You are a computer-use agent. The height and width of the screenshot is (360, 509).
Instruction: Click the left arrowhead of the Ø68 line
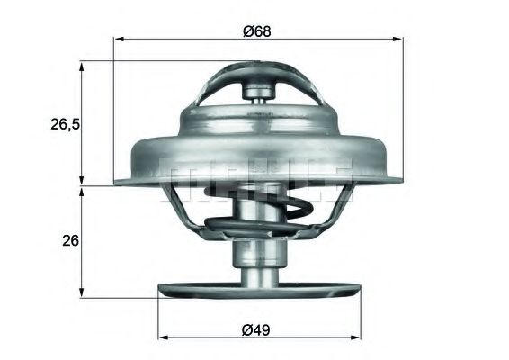[x=119, y=40]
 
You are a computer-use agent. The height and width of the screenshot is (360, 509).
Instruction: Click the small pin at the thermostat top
[x=257, y=90]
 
